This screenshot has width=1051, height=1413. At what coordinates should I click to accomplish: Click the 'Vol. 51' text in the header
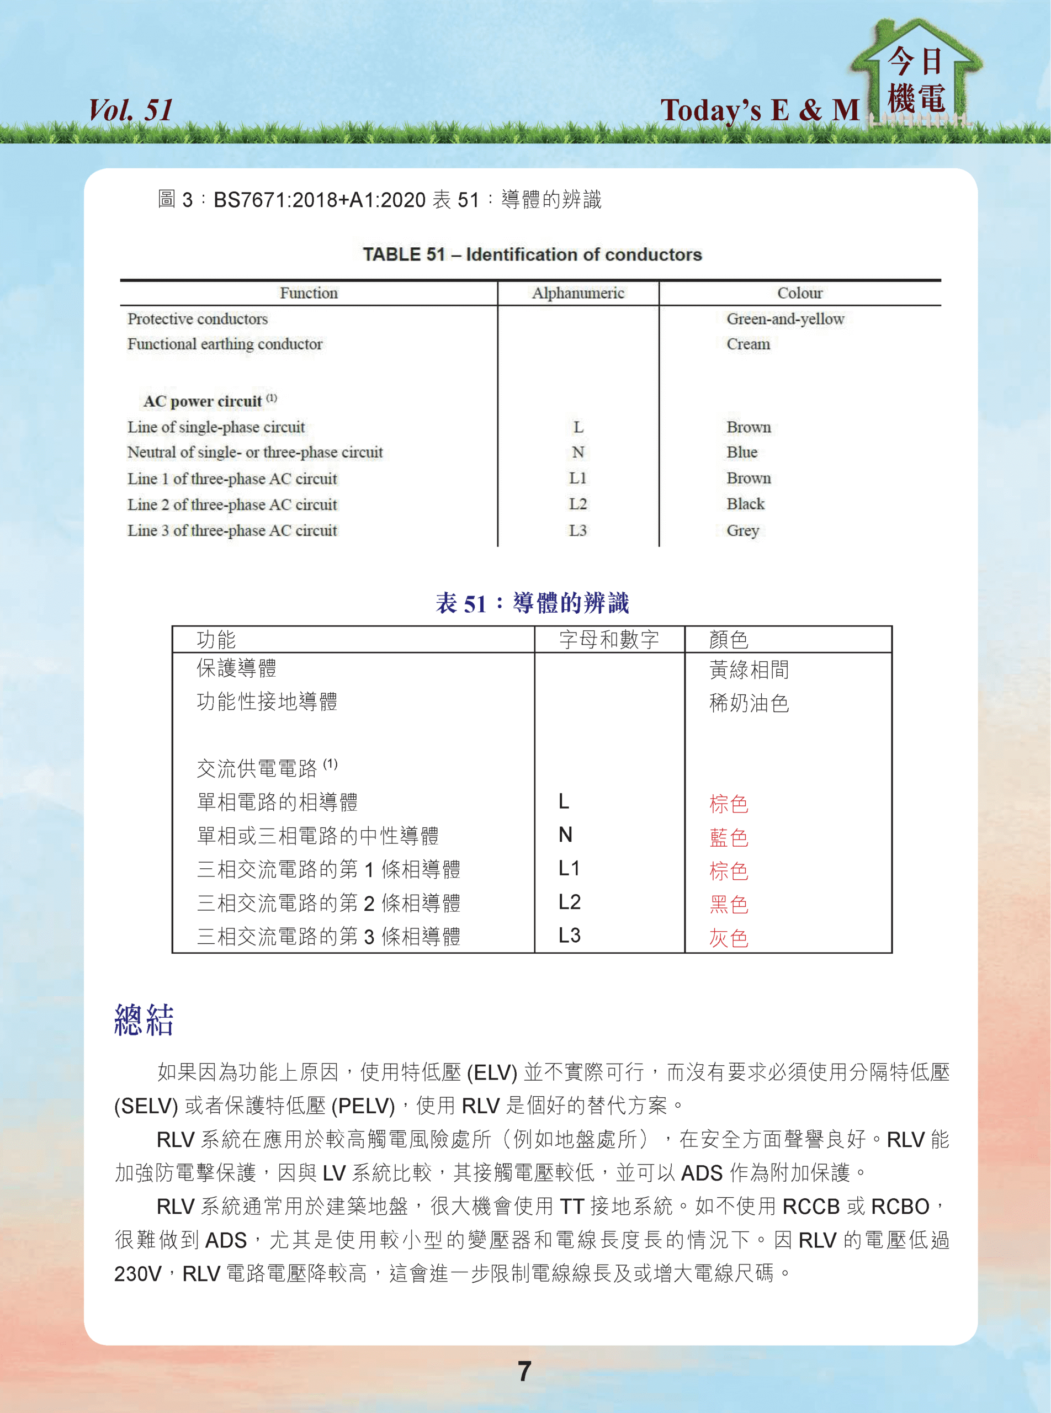tap(130, 110)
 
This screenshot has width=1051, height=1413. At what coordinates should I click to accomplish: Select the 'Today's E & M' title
tap(760, 110)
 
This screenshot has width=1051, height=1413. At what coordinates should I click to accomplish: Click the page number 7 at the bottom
tap(524, 1371)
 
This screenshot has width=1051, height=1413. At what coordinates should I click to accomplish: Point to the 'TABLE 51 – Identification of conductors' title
tap(532, 254)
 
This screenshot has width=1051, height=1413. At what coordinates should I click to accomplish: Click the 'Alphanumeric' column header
tap(578, 293)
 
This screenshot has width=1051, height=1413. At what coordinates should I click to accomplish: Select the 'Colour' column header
tap(800, 293)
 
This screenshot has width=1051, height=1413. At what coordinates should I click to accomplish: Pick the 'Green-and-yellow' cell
tap(785, 318)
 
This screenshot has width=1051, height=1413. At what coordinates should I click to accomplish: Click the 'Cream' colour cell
tap(748, 344)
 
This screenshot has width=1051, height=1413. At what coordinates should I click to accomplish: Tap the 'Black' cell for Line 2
tap(745, 504)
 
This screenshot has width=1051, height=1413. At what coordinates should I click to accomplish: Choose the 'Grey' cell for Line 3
tap(742, 530)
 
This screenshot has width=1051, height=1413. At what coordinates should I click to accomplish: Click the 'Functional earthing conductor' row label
tap(225, 344)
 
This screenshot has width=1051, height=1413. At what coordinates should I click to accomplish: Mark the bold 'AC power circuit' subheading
tap(203, 401)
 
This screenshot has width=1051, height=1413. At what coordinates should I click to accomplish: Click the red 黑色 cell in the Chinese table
tap(729, 904)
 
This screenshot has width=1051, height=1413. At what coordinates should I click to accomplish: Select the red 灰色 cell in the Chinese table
tap(729, 937)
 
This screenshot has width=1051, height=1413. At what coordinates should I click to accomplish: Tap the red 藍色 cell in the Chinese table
tap(729, 837)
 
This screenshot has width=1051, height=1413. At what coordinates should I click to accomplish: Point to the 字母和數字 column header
tap(609, 639)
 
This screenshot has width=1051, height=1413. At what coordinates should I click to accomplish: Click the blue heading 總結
tap(144, 1020)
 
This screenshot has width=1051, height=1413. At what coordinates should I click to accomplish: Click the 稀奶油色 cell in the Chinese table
tap(749, 703)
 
